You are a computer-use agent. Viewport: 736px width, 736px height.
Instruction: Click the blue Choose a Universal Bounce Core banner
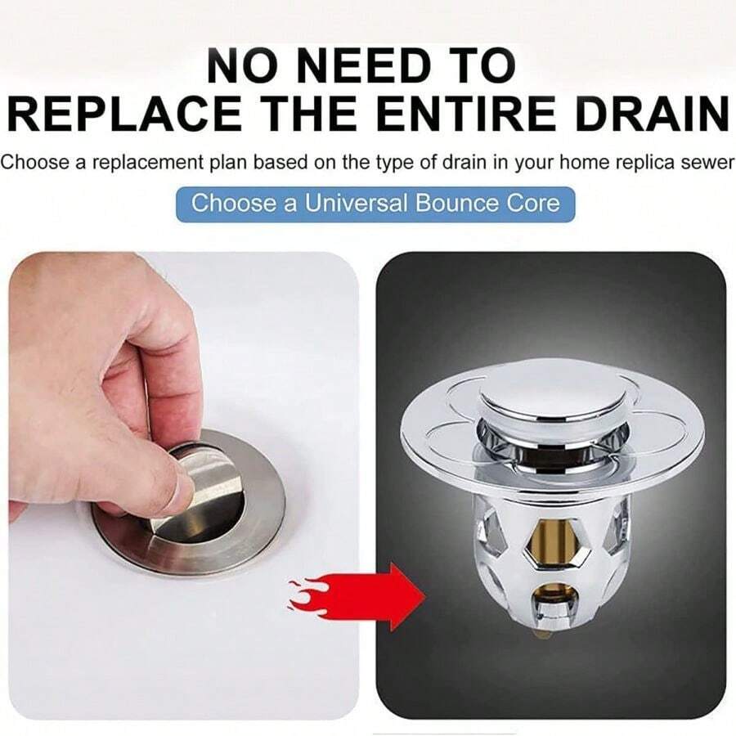click(x=375, y=203)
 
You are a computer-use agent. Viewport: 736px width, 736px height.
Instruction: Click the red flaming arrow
click(x=360, y=596)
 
